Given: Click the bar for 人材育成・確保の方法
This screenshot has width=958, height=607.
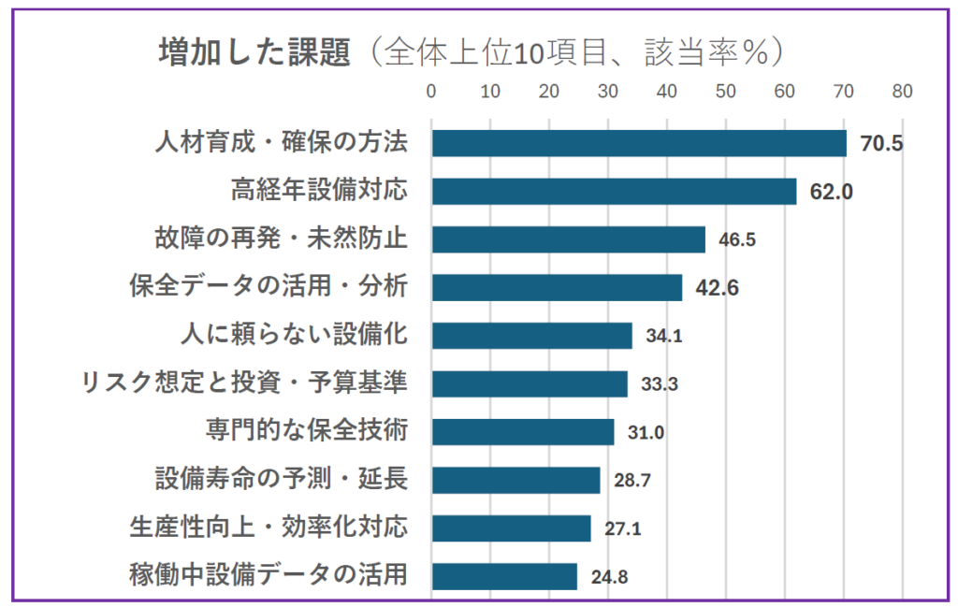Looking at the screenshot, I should coord(638,143).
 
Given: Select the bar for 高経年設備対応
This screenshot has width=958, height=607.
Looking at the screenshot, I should coord(614,191).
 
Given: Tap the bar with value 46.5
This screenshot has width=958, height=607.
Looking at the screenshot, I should coord(568,239).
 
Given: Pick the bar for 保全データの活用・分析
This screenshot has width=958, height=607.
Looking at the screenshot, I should coord(557,287).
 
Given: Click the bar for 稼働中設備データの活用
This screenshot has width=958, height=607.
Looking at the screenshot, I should coord(504,576).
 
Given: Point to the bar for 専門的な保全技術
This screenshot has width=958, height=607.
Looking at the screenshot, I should coord(522,432).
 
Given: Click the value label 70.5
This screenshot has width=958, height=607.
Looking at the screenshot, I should coord(881,144).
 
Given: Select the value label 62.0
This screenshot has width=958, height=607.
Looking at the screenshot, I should coord(831,192).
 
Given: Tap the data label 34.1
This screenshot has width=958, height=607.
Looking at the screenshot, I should coord(663,336).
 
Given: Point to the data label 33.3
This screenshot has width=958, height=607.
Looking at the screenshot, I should coord(659,383).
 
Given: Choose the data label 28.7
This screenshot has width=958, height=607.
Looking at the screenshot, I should coord(631,481).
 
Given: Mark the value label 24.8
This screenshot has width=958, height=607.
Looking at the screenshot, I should coord(609,577).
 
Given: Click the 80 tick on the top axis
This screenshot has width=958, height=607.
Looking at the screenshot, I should coord(902,92).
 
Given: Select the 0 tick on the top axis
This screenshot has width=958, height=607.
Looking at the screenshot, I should coord(431,92).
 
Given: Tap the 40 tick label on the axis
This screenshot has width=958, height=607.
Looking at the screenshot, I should coord(666,92).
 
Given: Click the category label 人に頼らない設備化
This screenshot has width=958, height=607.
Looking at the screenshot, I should coord(293,335).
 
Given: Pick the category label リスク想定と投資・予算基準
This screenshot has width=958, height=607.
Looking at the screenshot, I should coord(244,383).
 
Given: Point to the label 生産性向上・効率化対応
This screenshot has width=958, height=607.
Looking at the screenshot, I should coord(269,527).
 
